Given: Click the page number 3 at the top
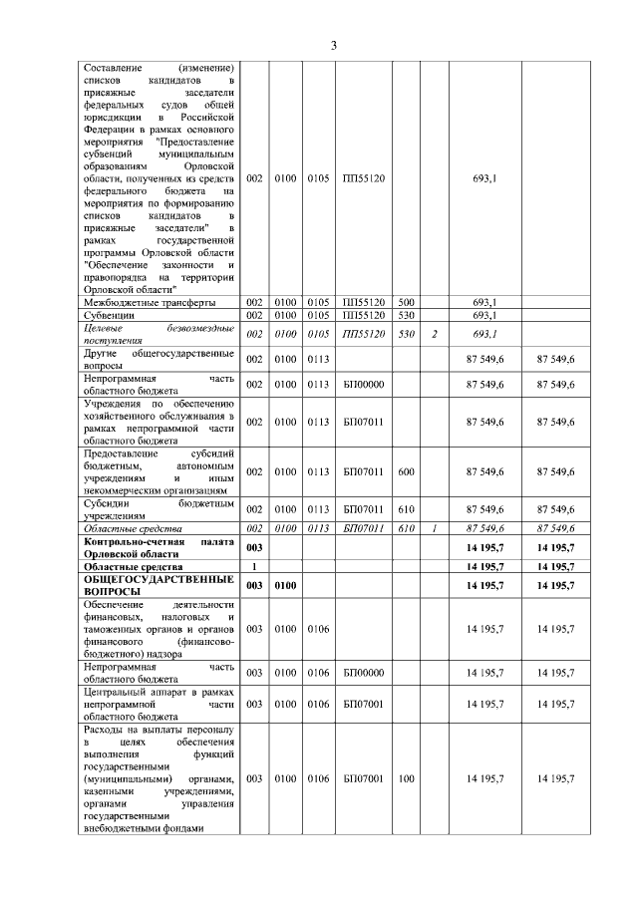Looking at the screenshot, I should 334,45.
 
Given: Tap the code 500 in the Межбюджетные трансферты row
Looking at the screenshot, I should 405,302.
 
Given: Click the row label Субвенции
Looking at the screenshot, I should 110,315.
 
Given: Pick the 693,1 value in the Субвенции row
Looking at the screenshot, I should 484,315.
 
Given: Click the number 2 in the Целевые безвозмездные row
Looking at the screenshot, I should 435,334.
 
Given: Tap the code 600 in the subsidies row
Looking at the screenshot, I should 405,471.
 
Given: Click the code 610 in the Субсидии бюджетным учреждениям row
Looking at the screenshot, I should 405,509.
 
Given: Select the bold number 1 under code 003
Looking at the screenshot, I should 254,566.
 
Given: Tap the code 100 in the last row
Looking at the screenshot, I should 405,778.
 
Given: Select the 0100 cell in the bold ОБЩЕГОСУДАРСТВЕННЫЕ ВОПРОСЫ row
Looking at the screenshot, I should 286,585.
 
